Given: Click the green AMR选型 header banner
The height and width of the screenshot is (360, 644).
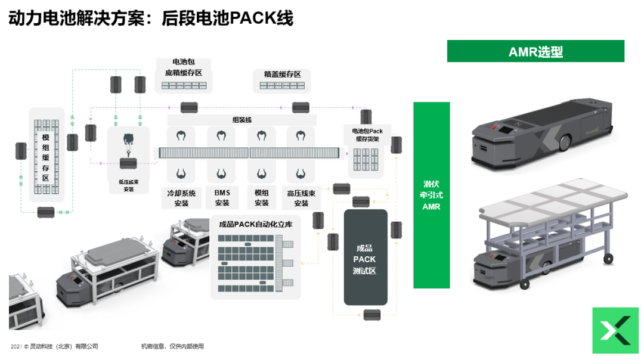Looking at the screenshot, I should tap(535, 52).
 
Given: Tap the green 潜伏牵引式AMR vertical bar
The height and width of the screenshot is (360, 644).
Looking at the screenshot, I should tap(432, 195).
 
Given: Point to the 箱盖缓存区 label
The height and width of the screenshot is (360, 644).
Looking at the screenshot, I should tap(282, 75).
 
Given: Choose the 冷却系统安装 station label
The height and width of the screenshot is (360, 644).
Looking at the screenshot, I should tap(181, 198).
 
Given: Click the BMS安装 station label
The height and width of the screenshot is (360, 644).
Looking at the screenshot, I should tap(222, 198).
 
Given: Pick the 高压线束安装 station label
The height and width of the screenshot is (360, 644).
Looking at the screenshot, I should tap(301, 198).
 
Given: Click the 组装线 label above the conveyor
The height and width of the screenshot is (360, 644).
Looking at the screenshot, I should tap(241, 120).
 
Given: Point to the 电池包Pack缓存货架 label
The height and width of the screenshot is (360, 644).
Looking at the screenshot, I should tap(367, 135).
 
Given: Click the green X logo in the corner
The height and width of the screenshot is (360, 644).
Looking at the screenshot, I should tap(615, 330).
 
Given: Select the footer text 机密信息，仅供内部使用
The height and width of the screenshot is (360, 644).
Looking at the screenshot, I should tap(172, 346).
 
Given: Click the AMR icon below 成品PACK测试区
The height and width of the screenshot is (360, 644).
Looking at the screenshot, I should tap(372, 314).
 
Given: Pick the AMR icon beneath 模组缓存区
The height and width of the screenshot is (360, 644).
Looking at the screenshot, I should tap(46, 212).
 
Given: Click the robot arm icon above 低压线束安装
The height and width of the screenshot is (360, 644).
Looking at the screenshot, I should tap(128, 141).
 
